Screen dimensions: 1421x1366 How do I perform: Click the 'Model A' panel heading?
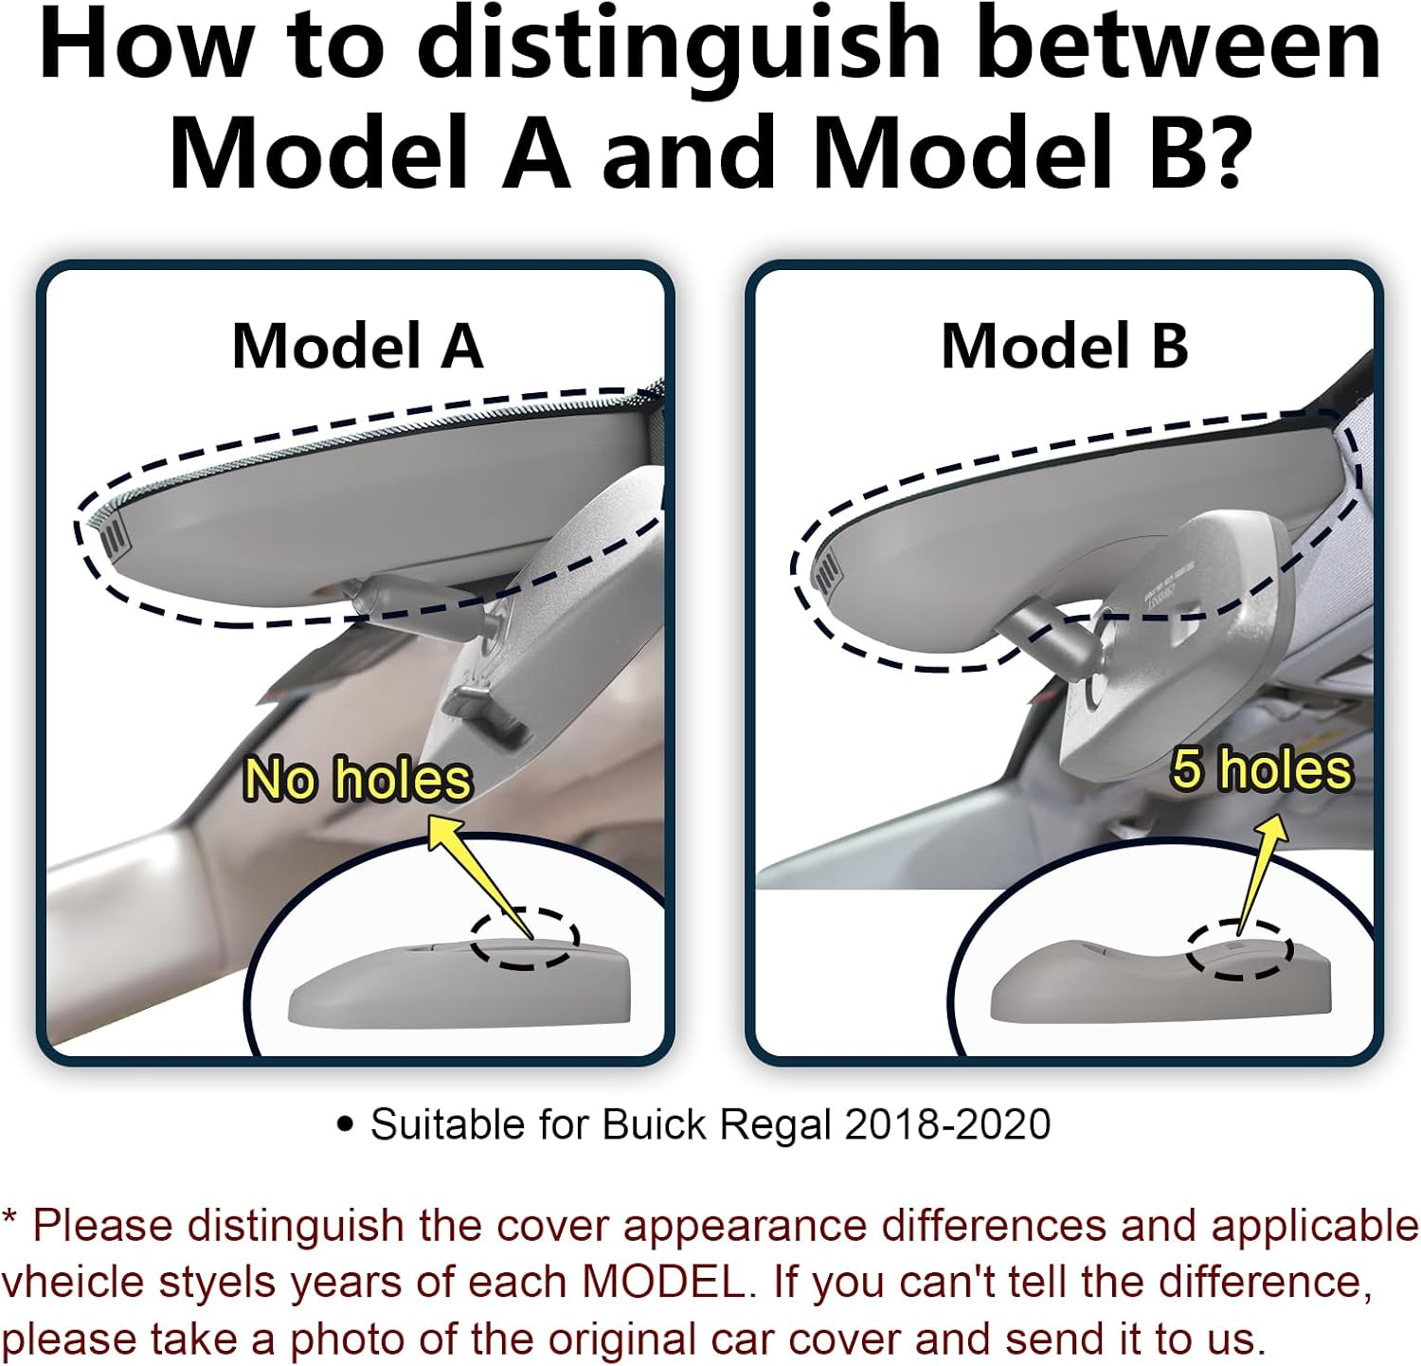[358, 346]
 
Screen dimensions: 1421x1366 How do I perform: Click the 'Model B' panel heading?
[1065, 346]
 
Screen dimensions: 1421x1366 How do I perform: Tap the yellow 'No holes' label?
[357, 781]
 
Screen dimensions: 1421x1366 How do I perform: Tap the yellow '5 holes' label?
[1261, 768]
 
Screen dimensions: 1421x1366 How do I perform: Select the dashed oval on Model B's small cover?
[1239, 949]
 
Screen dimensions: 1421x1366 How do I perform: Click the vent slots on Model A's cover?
[114, 535]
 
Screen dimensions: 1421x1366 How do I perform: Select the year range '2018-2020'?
[947, 1124]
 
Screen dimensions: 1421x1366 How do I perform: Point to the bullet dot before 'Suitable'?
[346, 1125]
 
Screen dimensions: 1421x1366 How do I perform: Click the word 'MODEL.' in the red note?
[663, 1282]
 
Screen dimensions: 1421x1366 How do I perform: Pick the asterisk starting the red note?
[9, 1216]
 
